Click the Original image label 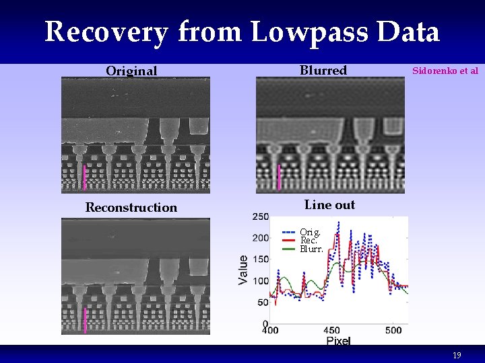[131, 71]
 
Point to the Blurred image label [323, 70]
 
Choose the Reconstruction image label [131, 208]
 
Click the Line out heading [329, 205]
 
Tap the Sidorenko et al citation [445, 70]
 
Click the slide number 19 [457, 355]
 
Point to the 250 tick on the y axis [260, 216]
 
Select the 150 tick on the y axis [260, 259]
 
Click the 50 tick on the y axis [263, 302]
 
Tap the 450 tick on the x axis [332, 330]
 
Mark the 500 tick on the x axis [394, 330]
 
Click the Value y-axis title [244, 269]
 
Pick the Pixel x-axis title [339, 341]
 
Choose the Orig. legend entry [310, 233]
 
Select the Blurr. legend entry [311, 249]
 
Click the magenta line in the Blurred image [279, 177]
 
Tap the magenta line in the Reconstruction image [85, 321]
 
